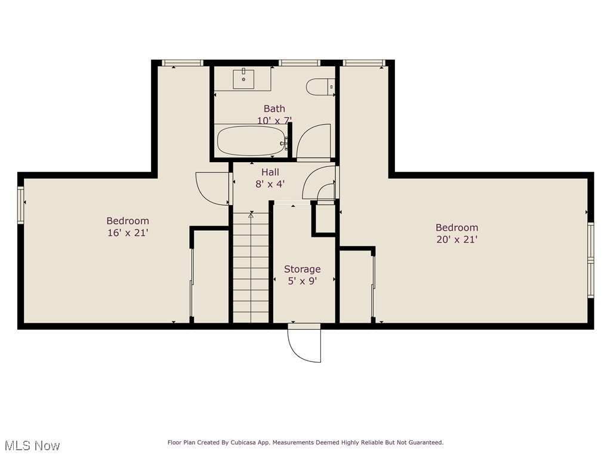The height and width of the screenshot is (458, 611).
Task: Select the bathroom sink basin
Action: pyautogui.click(x=243, y=79)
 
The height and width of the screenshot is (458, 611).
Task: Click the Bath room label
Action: pyautogui.click(x=274, y=109)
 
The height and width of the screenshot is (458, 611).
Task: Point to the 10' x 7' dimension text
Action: pyautogui.click(x=274, y=120)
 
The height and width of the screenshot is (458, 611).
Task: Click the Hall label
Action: pyautogui.click(x=270, y=172)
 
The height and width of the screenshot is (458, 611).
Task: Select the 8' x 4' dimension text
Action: pyautogui.click(x=270, y=184)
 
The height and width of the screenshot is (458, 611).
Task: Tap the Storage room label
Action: pyautogui.click(x=302, y=269)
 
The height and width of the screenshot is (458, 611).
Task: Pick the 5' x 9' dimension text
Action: pyautogui.click(x=302, y=281)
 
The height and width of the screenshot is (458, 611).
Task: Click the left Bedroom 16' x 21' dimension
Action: pyautogui.click(x=128, y=233)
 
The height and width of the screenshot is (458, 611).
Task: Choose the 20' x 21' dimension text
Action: pyautogui.click(x=456, y=239)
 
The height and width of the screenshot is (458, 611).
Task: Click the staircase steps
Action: pyautogui.click(x=251, y=268)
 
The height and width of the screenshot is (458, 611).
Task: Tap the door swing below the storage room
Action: pyautogui.click(x=305, y=344)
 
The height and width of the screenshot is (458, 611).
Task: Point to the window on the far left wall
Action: pyautogui.click(x=21, y=205)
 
